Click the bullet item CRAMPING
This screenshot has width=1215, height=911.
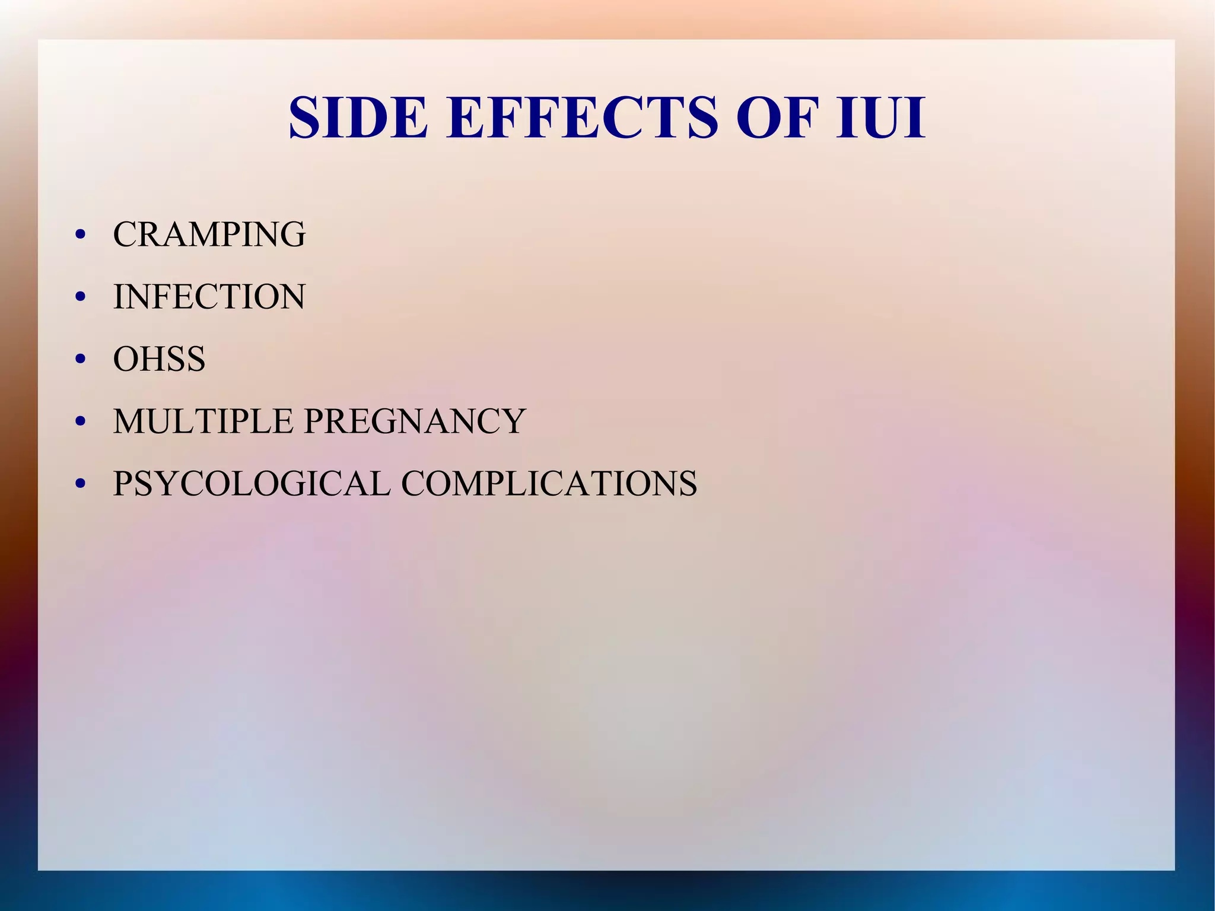(x=209, y=234)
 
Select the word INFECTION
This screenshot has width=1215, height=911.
(x=209, y=297)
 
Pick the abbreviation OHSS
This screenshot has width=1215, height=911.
(x=159, y=359)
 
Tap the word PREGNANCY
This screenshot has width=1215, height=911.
(x=415, y=421)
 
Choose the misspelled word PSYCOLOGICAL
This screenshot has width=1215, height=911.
(x=252, y=483)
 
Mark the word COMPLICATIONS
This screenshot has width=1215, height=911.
(x=549, y=483)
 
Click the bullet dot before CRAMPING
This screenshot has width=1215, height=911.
(x=81, y=235)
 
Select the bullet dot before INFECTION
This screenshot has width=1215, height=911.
(x=81, y=297)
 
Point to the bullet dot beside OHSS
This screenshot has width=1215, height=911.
(x=81, y=360)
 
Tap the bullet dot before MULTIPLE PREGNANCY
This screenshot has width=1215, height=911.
(x=81, y=422)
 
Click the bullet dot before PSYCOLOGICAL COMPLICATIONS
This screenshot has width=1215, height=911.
(x=81, y=484)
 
